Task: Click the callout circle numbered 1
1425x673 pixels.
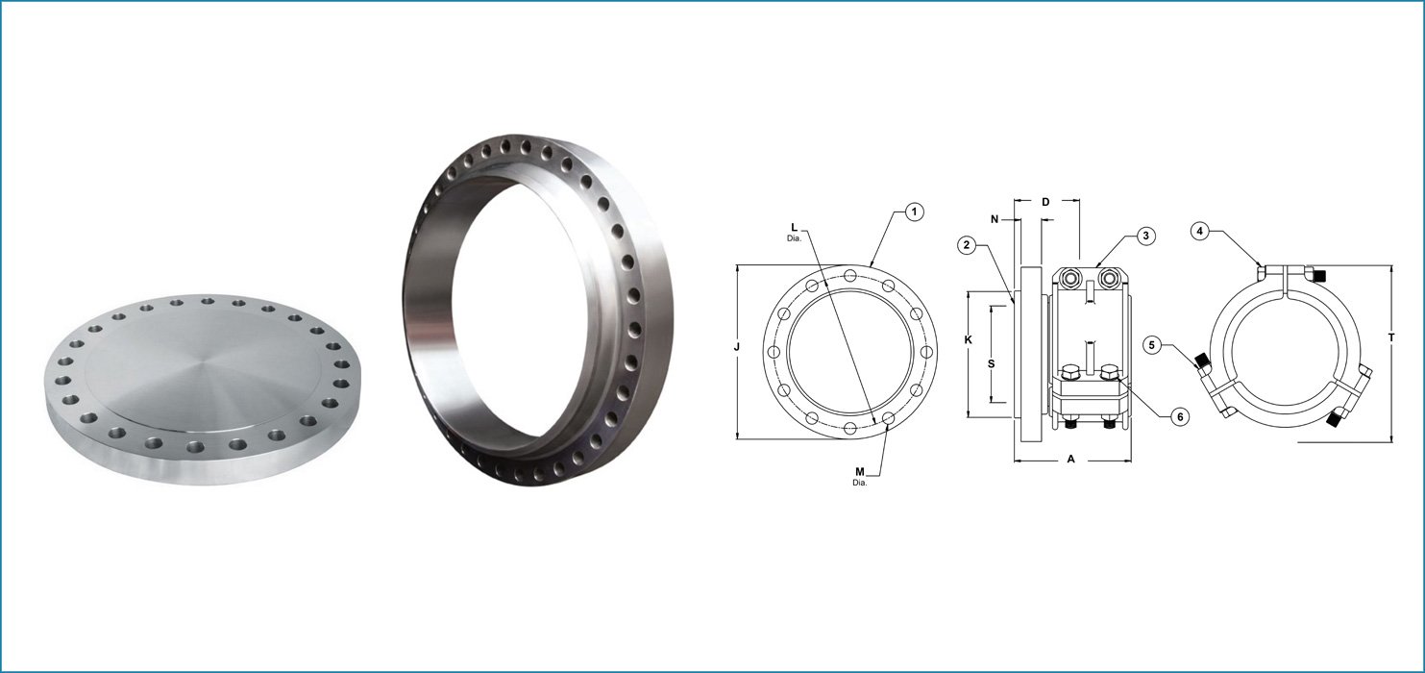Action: coord(915,212)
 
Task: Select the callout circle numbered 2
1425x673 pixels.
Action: coord(969,245)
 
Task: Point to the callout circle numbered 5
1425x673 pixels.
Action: coord(1152,344)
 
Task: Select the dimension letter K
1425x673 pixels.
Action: coord(969,340)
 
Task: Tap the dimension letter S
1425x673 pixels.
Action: coord(992,362)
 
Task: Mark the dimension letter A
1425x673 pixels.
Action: coord(1070,460)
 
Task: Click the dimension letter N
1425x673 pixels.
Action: coord(995,220)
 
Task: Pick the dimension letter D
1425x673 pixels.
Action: coord(1045,202)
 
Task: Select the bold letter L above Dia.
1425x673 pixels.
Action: coord(794,227)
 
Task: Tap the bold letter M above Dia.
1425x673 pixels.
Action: coord(860,472)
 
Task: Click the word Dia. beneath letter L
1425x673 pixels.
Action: coord(794,237)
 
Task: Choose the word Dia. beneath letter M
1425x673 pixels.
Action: coord(860,483)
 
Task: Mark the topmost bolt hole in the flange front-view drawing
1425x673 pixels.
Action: coord(850,277)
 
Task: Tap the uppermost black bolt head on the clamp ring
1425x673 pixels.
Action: coord(1320,276)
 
